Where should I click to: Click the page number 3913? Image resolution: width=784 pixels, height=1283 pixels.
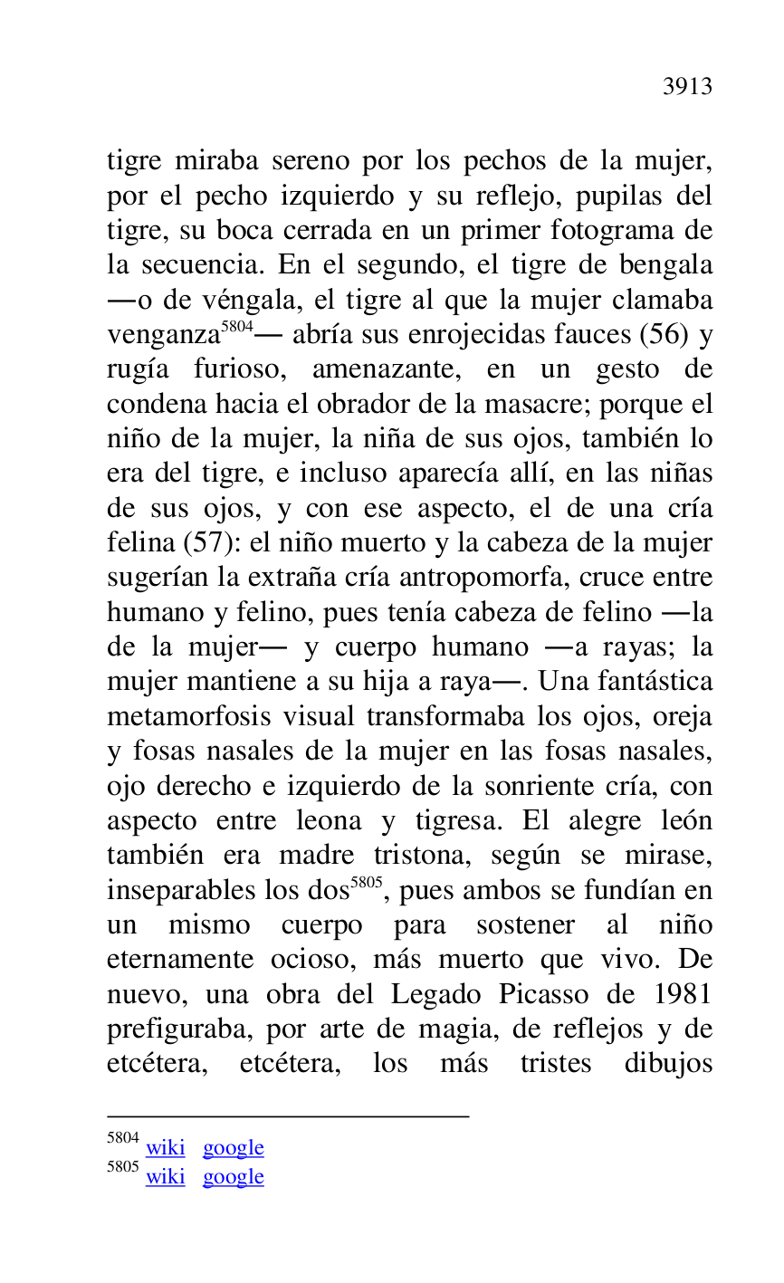click(x=687, y=87)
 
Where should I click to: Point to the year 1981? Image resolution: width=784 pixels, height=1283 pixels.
click(x=679, y=994)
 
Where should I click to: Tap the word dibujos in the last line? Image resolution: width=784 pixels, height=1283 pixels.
click(x=668, y=1063)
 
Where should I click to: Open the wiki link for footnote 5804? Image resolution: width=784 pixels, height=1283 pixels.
click(x=165, y=1148)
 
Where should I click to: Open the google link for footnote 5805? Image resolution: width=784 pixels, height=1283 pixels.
click(x=233, y=1177)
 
